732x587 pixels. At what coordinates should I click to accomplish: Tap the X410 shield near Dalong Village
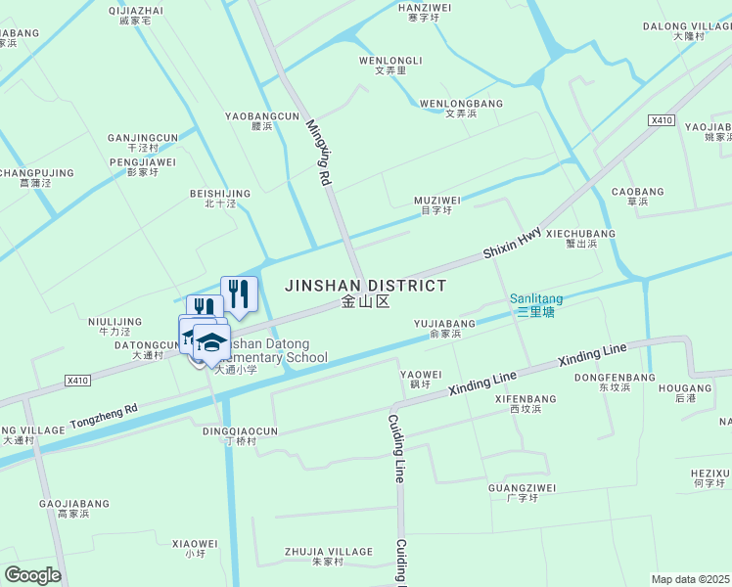[662, 120]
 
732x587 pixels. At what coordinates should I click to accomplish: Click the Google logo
[32, 575]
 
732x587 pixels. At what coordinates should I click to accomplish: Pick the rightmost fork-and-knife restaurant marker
[239, 293]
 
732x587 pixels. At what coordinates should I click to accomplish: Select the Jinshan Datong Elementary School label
[276, 351]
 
